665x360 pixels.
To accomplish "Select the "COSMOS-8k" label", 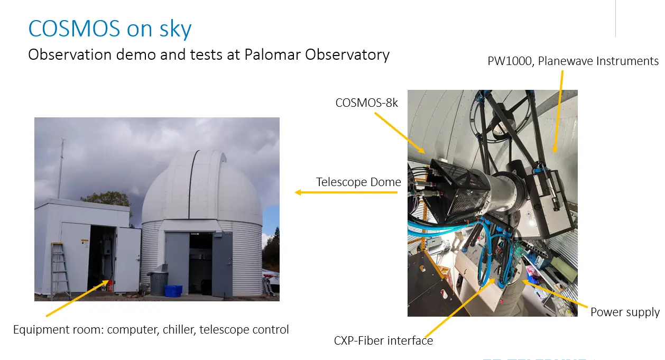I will coord(366,103).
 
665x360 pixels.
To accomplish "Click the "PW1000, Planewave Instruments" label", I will coord(572,61).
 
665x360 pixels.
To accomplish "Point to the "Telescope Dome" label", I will coord(358,182).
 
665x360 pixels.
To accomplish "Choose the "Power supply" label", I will coord(625,312).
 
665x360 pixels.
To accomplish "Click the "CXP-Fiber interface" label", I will coord(383,341).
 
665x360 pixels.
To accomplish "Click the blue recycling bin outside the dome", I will coord(173,290).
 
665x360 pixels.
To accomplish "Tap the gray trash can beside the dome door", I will coord(158,283).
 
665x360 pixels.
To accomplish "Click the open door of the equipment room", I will coord(127,259).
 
